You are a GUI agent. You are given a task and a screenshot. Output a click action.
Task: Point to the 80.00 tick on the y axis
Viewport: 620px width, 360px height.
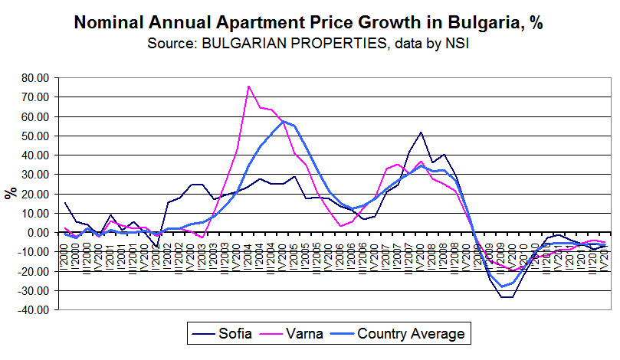35,78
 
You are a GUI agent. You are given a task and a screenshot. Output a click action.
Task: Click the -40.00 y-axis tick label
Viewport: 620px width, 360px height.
34,310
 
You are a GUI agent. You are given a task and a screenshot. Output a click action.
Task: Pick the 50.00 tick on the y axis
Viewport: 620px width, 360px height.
35,136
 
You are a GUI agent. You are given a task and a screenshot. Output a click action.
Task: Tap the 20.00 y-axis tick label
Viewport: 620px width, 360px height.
35,195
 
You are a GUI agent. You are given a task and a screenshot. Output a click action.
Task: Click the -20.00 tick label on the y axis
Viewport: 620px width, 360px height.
34,272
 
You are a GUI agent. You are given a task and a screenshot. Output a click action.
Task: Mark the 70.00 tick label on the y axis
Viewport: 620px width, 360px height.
35,97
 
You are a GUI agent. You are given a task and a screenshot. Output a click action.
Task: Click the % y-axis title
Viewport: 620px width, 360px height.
11,193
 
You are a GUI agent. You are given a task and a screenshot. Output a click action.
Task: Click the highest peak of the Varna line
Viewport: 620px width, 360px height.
248,86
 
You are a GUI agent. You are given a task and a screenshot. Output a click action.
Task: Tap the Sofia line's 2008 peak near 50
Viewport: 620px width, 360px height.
421,133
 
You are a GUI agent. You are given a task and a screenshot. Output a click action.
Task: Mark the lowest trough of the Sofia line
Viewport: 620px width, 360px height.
507,296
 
